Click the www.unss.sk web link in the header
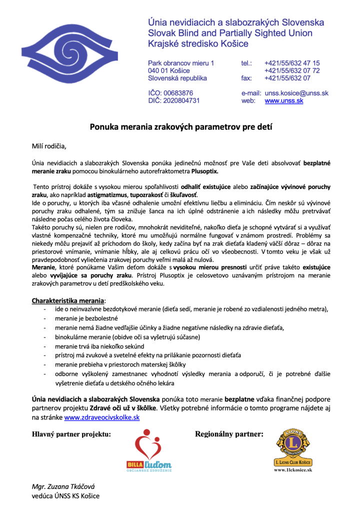[284, 100]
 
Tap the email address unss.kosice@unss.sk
[296, 93]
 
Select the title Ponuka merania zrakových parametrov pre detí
[180, 127]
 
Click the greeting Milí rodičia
[49, 146]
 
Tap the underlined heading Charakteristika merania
[68, 300]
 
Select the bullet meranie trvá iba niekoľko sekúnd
[99, 346]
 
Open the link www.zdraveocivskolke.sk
[101, 416]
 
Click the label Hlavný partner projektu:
[71, 434]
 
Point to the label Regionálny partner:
[228, 434]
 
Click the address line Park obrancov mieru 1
[181, 63]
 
